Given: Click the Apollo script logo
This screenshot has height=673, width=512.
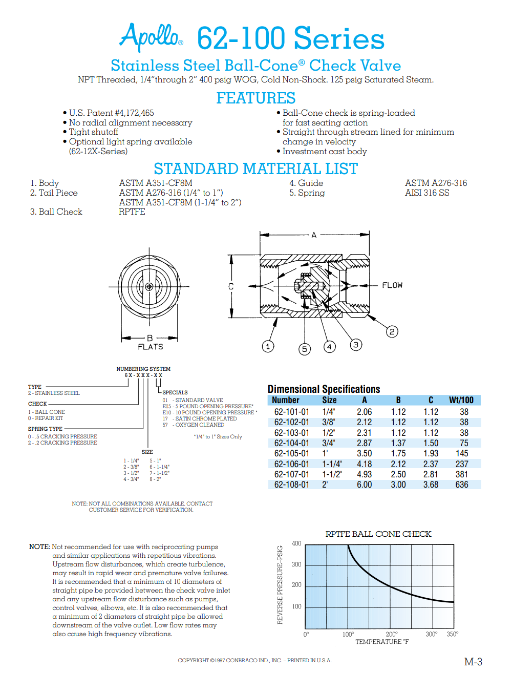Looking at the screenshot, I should pos(151,36).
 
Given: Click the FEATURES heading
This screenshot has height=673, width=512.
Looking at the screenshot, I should pos(255,98).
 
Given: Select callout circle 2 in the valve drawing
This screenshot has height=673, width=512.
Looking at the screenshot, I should pos(392,331).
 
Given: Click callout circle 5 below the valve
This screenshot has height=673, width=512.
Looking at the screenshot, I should pos(305,349).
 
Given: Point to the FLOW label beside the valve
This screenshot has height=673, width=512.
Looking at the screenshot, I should pos(392,285).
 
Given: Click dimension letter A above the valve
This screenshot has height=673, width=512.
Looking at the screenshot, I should pos(314,235).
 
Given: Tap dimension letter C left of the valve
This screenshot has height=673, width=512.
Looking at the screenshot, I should pos(231,286).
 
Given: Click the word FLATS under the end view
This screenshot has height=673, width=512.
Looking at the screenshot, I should pos(151,347).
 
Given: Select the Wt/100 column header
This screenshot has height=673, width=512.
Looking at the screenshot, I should pos(461,400).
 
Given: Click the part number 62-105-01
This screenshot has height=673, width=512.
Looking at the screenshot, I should pos(291,453).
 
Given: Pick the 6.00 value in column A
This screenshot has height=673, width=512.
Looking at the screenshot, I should pos(364,485).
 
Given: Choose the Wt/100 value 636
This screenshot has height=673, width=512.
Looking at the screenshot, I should pos(461,485).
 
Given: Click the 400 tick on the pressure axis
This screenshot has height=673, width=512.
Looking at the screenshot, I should pos(296,543).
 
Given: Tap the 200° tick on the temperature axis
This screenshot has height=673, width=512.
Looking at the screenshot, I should pos(392,634).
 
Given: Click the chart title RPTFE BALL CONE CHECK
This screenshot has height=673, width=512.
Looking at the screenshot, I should pos(378,534).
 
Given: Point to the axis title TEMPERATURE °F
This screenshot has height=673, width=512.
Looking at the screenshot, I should pos(382,642).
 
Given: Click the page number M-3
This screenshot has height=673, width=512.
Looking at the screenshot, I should pos(473,662).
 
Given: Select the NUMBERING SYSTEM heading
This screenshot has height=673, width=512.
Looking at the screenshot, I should pos(143,369).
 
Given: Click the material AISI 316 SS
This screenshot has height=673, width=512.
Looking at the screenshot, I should pos(427,193).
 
